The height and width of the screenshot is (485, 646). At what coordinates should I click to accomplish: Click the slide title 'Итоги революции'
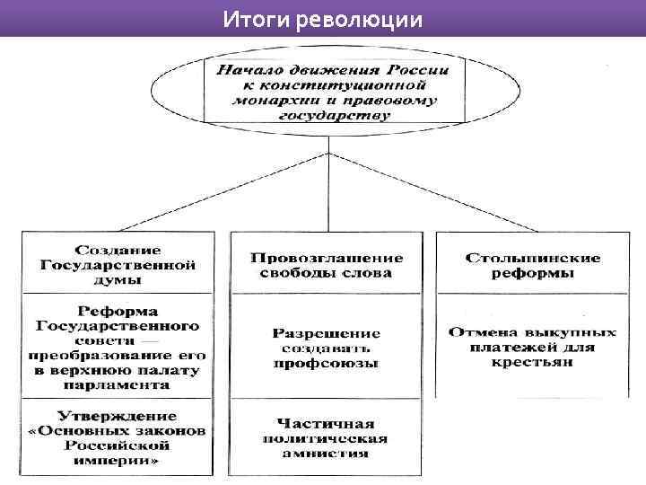[322, 18]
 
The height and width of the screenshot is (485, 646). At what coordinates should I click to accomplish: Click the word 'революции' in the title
[368, 18]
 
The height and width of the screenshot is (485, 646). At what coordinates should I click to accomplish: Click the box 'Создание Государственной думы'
[118, 263]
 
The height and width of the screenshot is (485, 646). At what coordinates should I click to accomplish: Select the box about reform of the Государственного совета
[118, 345]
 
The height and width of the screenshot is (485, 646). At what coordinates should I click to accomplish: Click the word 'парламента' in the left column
[118, 384]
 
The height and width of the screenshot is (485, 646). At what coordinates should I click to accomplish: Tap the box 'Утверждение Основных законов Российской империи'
[118, 437]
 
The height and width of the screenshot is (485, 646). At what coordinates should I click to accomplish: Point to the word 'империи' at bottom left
[118, 460]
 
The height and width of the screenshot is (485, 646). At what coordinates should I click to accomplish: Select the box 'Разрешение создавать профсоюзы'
[326, 348]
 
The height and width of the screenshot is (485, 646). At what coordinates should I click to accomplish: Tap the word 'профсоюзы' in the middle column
[326, 364]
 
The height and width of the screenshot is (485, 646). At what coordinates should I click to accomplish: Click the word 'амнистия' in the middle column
[326, 454]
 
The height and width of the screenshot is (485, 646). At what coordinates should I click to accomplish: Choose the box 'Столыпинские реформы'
[533, 265]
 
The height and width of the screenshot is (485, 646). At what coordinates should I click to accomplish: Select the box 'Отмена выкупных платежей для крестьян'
[533, 347]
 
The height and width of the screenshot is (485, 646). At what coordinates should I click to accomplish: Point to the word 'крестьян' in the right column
[533, 362]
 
